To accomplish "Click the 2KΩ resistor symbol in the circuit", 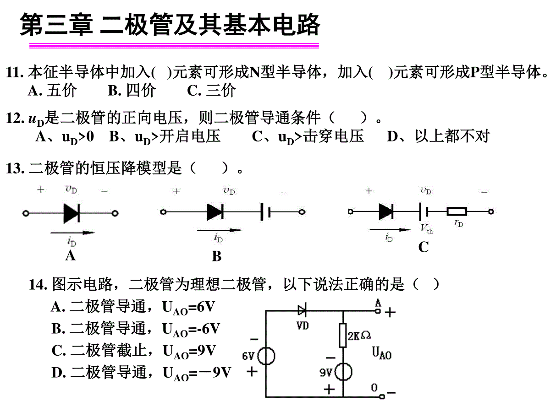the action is pyautogui.click(x=342, y=335).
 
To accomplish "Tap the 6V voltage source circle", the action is pyautogui.click(x=266, y=356).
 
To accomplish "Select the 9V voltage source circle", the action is pyautogui.click(x=343, y=372).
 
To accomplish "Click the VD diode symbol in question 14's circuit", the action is pyautogui.click(x=302, y=310).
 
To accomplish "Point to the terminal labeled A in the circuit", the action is pyautogui.click(x=378, y=311).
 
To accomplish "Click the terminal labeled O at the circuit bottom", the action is pyautogui.click(x=382, y=396).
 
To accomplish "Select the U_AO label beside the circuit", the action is pyautogui.click(x=382, y=353).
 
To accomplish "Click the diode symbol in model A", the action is pyautogui.click(x=71, y=213).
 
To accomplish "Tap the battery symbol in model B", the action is pyautogui.click(x=265, y=212).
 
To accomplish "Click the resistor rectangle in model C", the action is pyautogui.click(x=457, y=211).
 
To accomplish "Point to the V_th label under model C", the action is pyautogui.click(x=426, y=229).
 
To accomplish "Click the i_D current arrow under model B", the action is pyautogui.click(x=220, y=230).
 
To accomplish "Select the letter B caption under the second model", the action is pyautogui.click(x=216, y=256).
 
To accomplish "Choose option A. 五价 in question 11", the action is pyautogui.click(x=52, y=90).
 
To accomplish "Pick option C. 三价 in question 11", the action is pyautogui.click(x=211, y=90).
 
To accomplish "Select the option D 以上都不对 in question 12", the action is pyautogui.click(x=438, y=136).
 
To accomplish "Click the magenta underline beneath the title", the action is pyautogui.click(x=174, y=45).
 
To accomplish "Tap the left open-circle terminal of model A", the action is pyautogui.click(x=26, y=213).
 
